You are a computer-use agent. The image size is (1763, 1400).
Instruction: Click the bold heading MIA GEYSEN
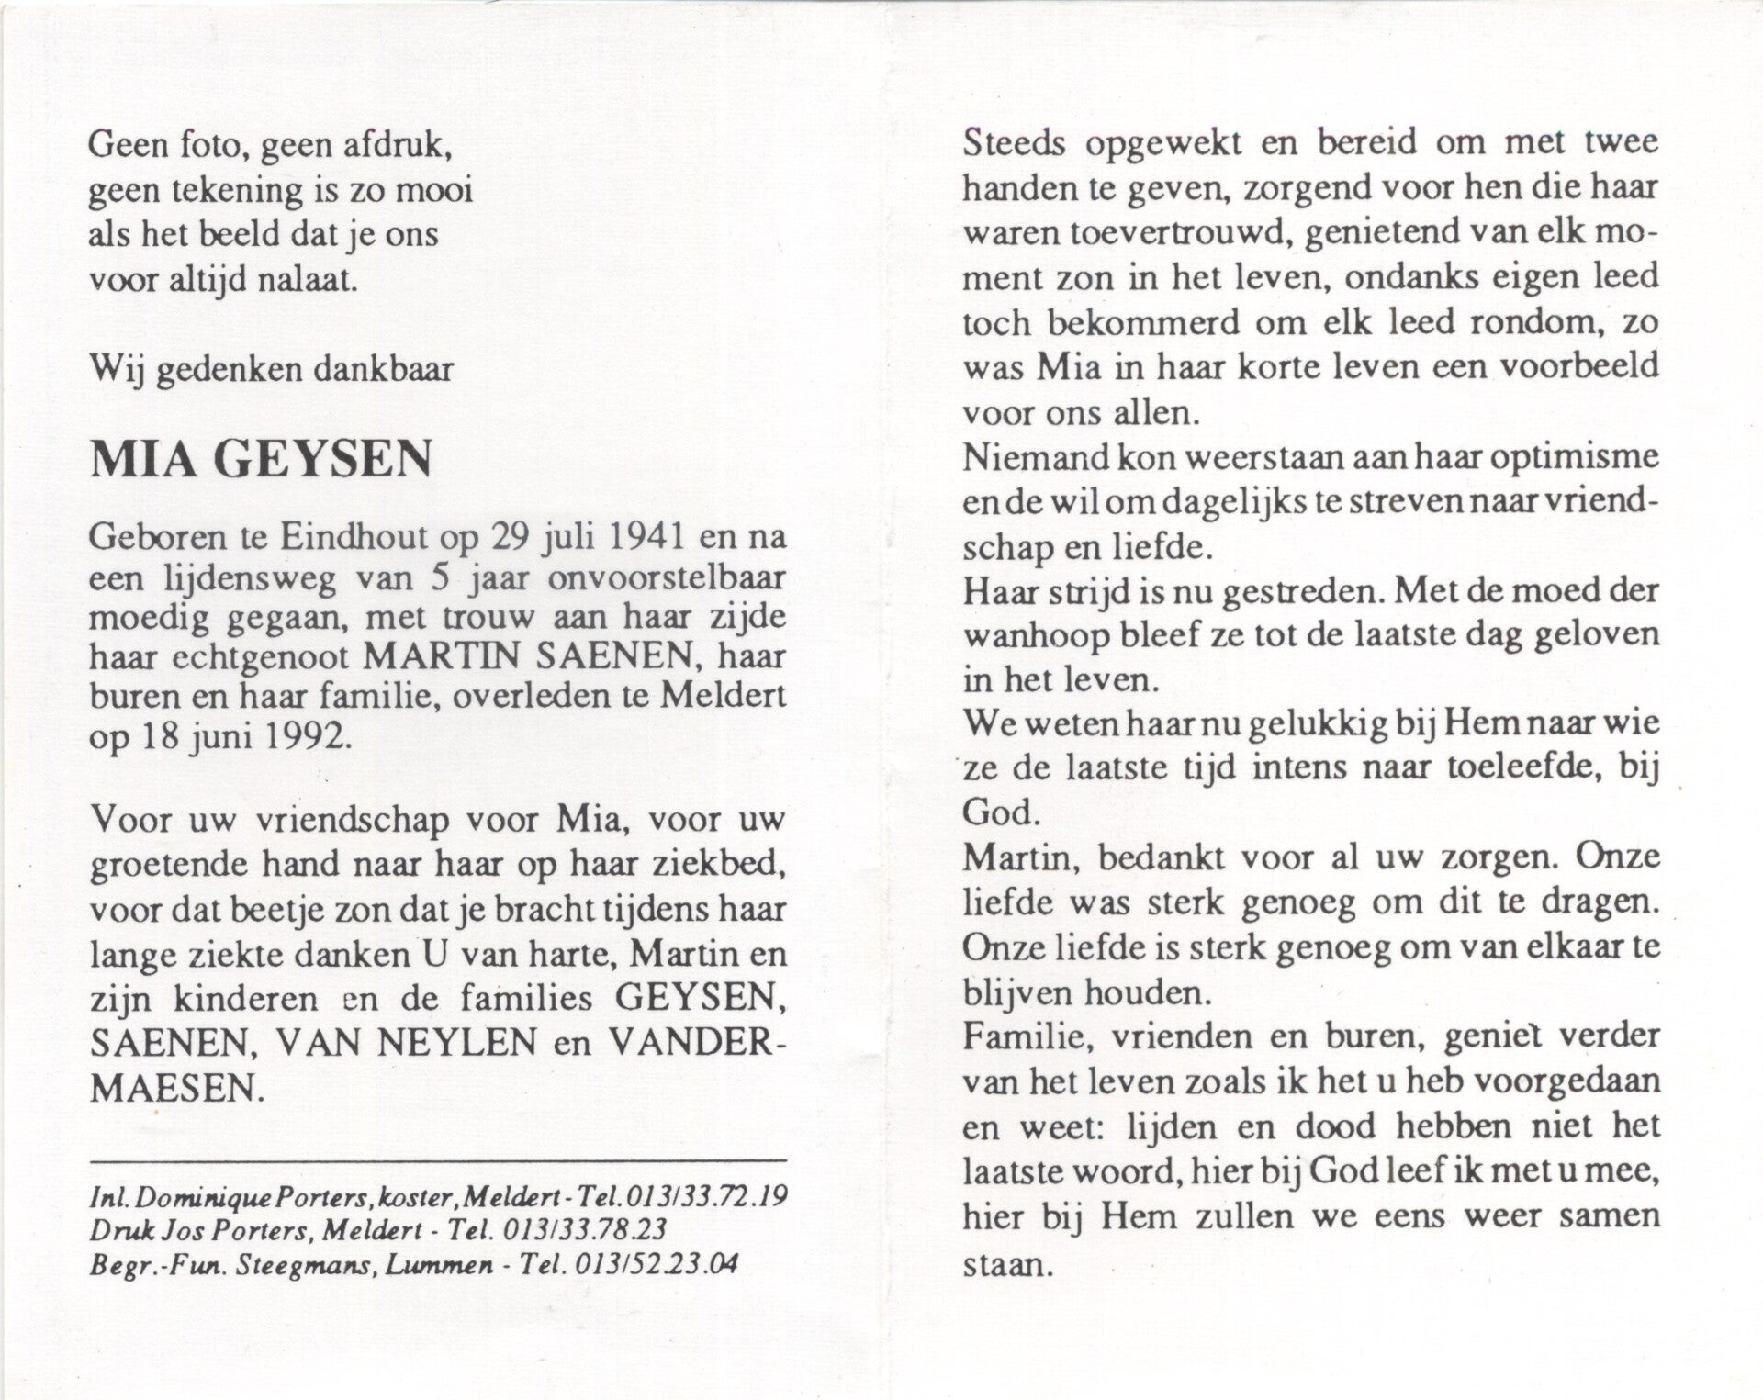click(261, 459)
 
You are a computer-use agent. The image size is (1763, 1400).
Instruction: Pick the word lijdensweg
click(246, 577)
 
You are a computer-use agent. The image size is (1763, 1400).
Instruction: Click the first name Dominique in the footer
click(189, 1196)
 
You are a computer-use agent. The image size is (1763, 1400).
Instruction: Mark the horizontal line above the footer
click(438, 1163)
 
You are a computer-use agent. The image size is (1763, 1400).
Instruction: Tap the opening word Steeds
click(1015, 143)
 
